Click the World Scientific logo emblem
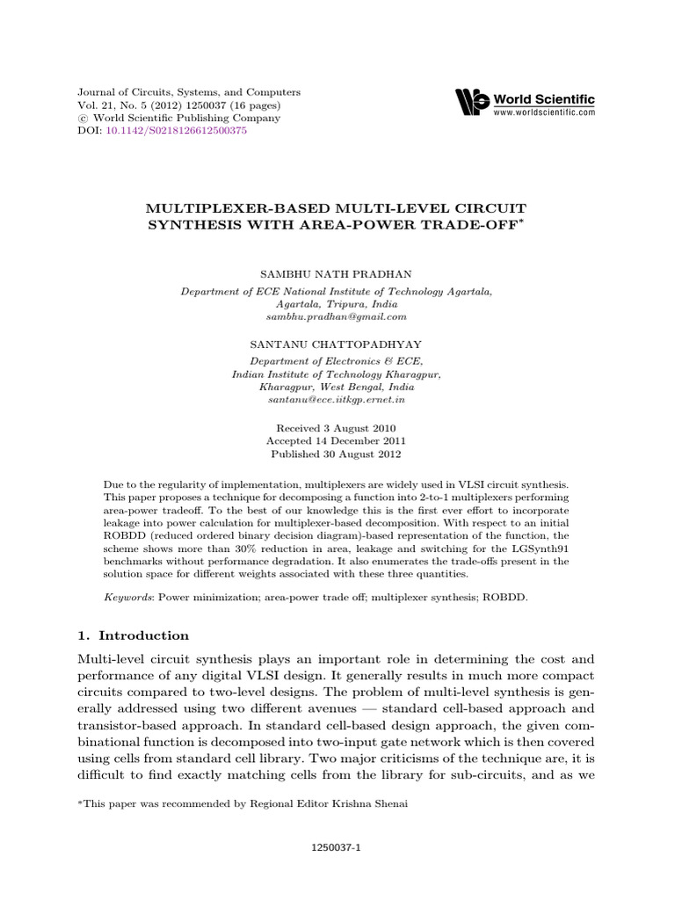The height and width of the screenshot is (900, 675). (x=471, y=103)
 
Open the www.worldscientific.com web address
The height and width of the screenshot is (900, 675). (x=544, y=113)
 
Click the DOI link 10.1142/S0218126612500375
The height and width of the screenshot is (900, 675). (x=175, y=131)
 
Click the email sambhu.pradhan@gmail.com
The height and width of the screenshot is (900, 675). (x=336, y=316)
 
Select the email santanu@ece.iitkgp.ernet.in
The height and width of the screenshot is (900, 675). (x=336, y=399)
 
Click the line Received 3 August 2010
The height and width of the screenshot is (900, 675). (x=336, y=427)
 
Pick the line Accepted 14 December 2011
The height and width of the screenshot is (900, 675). (x=336, y=440)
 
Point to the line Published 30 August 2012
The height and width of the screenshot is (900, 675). (x=336, y=454)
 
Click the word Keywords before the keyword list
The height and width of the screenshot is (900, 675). (x=126, y=596)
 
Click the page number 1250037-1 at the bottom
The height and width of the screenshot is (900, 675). (x=337, y=848)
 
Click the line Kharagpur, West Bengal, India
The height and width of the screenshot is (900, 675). (x=336, y=386)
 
